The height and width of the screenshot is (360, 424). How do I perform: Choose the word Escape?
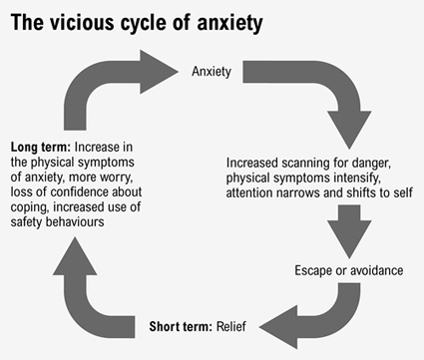click(315, 270)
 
